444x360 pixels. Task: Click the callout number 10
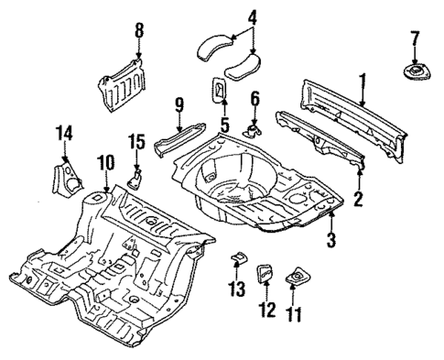[105, 163]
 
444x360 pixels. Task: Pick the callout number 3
[331, 240]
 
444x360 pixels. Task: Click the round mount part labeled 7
[416, 71]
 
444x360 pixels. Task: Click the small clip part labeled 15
[135, 176]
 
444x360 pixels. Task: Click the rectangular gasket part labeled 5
[221, 91]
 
